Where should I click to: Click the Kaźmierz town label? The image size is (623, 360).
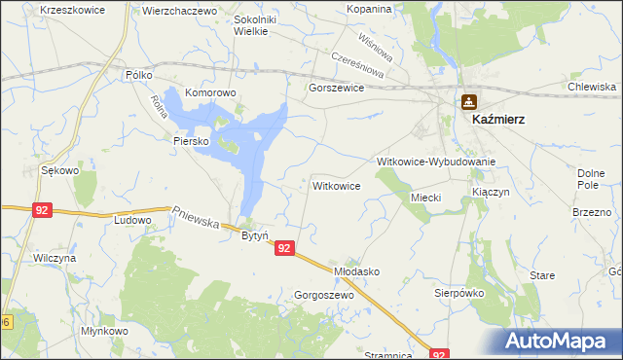click(x=498, y=119)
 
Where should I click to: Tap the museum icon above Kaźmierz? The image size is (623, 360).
click(x=469, y=100)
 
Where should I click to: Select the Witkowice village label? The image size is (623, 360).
click(x=337, y=185)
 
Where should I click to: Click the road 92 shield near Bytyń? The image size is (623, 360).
click(x=283, y=249)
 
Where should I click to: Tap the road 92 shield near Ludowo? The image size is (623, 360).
click(x=41, y=209)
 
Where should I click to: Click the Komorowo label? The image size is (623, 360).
click(x=211, y=93)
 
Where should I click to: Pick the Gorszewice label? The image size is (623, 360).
click(x=336, y=88)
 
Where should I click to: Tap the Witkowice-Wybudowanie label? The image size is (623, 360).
click(x=437, y=162)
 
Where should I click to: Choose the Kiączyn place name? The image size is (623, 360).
click(x=491, y=193)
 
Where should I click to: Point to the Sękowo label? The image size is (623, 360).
click(x=59, y=170)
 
